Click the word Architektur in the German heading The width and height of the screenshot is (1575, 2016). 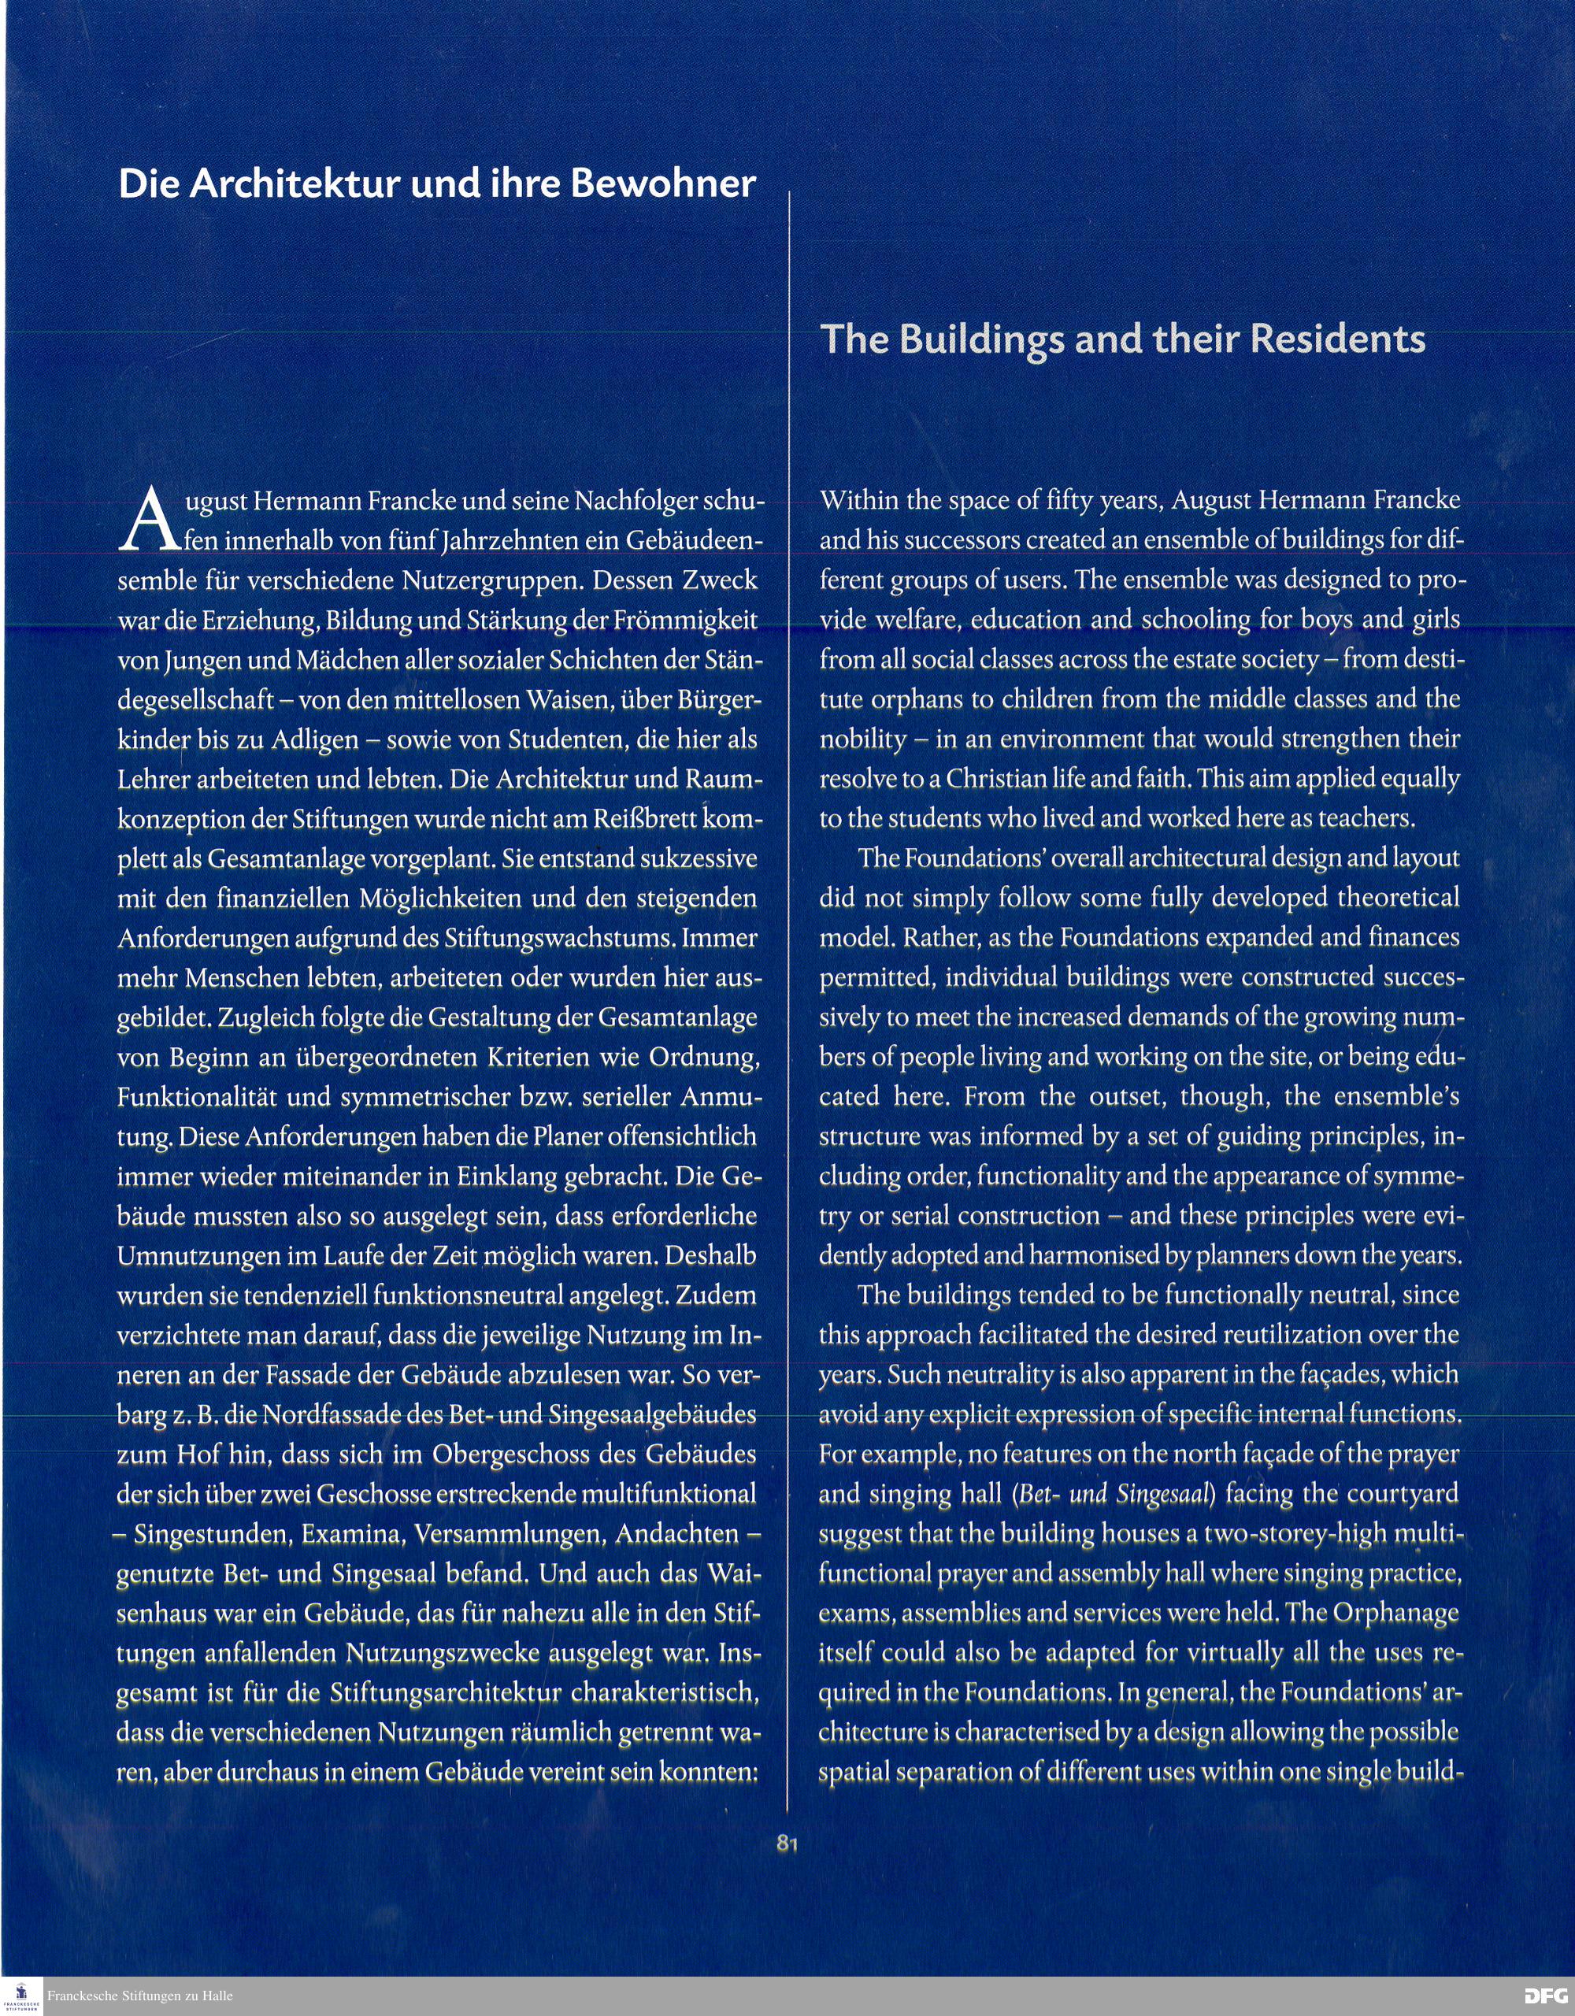pyautogui.click(x=295, y=184)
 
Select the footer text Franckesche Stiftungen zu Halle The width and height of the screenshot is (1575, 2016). pyautogui.click(x=139, y=1995)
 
